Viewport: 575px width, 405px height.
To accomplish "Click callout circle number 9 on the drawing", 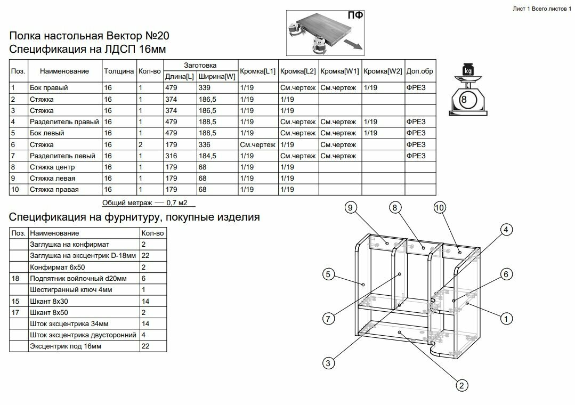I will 350,208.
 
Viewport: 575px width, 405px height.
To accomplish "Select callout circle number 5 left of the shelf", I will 328,275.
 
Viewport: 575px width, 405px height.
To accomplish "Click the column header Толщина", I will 119,71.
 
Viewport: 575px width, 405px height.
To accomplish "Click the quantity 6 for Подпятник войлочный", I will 144,278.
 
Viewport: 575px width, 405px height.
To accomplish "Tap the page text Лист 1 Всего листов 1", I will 541,9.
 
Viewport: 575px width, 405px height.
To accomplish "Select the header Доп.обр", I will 420,71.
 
